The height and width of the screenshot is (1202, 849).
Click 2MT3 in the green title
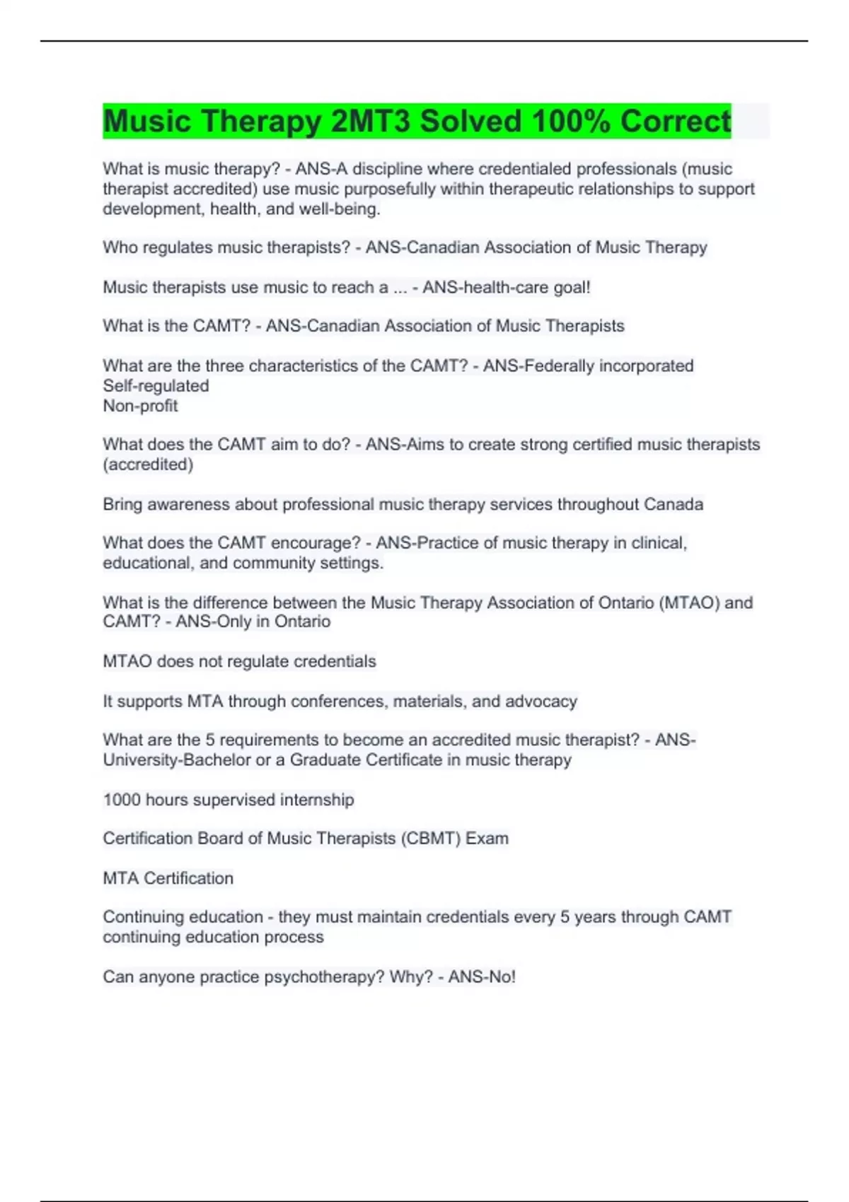[370, 121]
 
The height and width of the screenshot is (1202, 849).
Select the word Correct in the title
[676, 121]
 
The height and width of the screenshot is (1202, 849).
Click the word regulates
[178, 247]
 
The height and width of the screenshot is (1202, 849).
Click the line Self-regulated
[156, 386]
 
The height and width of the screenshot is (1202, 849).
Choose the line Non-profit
[140, 406]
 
